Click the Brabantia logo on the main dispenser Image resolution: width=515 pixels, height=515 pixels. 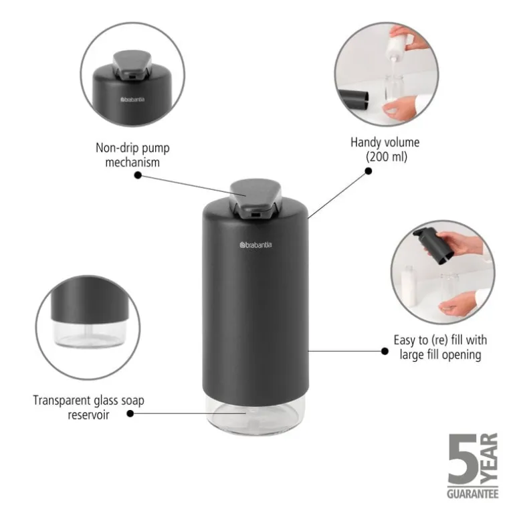point(255,245)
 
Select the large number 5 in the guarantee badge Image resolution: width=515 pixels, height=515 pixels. point(462,462)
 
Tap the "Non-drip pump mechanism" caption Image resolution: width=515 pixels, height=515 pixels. point(127,155)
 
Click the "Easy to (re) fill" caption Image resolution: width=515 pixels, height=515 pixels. point(439,347)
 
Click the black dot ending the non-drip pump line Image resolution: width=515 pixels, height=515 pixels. point(138,175)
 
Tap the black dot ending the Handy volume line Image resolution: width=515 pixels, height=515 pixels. point(368,171)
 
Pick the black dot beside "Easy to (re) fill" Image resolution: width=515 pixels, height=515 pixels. point(385,350)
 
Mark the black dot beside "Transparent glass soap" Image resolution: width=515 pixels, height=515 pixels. point(130,413)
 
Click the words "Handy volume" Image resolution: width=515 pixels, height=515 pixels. point(385,142)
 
